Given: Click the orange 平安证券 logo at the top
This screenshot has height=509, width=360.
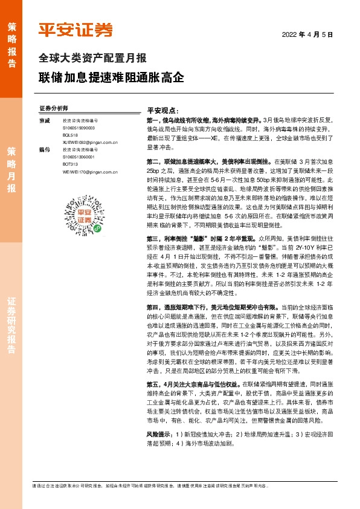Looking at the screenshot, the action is pos(76,30).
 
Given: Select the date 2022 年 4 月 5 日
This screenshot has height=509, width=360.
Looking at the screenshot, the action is pos(307,35).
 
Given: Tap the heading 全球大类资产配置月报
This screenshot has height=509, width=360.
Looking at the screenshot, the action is pos(92,59).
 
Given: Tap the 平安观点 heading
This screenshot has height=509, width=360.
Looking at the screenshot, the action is pos(163,111).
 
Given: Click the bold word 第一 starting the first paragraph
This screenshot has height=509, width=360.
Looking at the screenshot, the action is pos(153,120).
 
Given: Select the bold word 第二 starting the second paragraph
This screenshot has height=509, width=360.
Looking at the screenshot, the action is pos(153,163).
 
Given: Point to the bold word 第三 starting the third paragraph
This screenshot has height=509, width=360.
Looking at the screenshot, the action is pos(153,256).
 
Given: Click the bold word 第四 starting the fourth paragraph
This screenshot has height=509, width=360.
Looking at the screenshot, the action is pos(153,324).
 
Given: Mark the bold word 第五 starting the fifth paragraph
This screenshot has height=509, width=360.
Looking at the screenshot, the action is pos(153,401).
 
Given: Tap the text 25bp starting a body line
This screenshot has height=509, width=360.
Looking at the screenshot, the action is pos(154,172).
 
